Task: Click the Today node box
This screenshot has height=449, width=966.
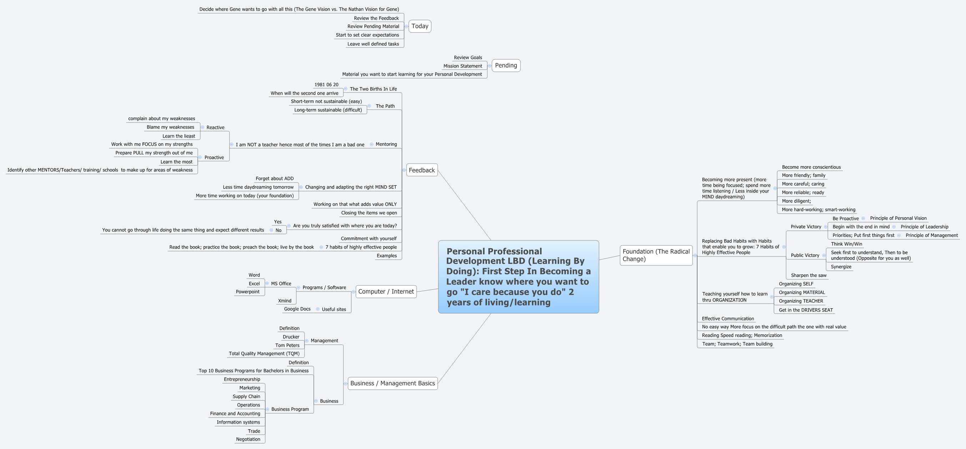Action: (x=419, y=26)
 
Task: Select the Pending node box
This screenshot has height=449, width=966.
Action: (x=506, y=65)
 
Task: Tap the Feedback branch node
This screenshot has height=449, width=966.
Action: (x=422, y=170)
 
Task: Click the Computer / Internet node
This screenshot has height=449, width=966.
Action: (x=386, y=291)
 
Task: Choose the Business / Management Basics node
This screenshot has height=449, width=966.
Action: (x=393, y=383)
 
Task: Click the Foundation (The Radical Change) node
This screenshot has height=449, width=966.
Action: (x=656, y=255)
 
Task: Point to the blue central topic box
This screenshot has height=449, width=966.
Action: (x=518, y=277)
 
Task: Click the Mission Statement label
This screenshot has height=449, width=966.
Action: (x=463, y=66)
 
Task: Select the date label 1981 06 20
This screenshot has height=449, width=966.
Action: (x=326, y=85)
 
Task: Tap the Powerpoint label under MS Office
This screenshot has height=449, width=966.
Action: (x=247, y=292)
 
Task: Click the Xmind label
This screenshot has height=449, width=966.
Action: (x=285, y=301)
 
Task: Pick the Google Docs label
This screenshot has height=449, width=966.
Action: (x=297, y=309)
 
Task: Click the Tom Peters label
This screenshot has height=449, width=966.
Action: (x=287, y=345)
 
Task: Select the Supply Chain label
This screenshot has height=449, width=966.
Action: (x=246, y=396)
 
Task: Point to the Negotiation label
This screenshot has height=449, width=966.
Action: (x=248, y=439)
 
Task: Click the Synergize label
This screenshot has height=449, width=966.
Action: (x=841, y=267)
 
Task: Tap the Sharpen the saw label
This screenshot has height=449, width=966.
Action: (x=809, y=275)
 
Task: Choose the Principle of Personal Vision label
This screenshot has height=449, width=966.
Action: (x=898, y=218)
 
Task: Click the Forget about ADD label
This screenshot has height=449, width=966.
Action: (x=275, y=179)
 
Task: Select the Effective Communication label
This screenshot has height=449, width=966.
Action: (x=728, y=319)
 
